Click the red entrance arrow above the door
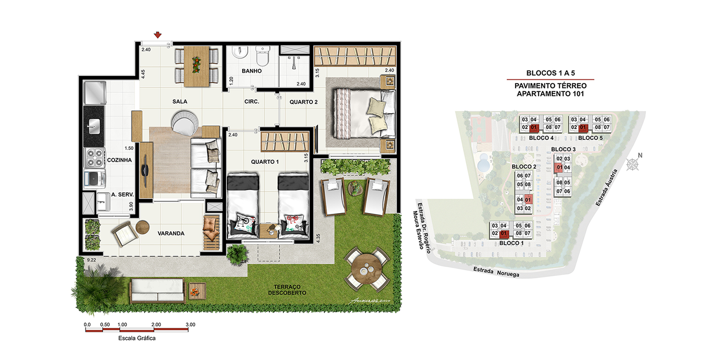[158, 35]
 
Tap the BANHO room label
[251, 71]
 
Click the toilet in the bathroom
[263, 56]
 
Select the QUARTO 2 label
[304, 102]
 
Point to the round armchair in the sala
[185, 123]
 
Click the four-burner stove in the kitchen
[94, 157]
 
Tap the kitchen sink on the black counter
[94, 126]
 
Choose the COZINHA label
[120, 160]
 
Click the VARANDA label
[171, 234]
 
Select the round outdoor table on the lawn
[366, 269]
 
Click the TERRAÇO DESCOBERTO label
[287, 290]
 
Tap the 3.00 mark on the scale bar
[190, 325]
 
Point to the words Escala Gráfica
[137, 338]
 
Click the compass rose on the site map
[633, 164]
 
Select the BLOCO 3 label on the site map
[563, 149]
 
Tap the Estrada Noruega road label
[496, 272]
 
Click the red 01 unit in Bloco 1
[504, 234]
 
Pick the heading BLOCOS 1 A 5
[551, 73]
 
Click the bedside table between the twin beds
[268, 231]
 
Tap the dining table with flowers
[196, 66]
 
